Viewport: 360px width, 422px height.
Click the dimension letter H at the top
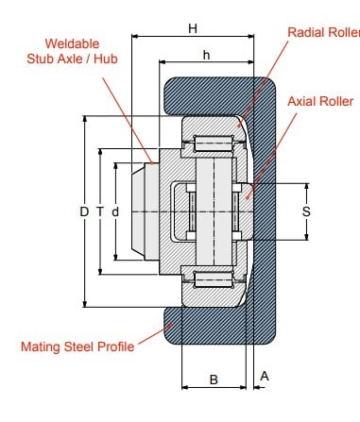(193, 28)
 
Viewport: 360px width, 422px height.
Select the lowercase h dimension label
(206, 55)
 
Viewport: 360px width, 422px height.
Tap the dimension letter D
(84, 211)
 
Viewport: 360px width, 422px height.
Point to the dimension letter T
(100, 211)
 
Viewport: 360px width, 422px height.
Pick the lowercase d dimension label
(115, 211)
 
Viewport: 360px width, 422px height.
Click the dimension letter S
(306, 211)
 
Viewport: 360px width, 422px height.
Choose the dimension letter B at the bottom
(214, 380)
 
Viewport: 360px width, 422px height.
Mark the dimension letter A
(265, 376)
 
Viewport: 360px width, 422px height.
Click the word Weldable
(72, 43)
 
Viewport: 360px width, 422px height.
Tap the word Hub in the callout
(106, 59)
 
